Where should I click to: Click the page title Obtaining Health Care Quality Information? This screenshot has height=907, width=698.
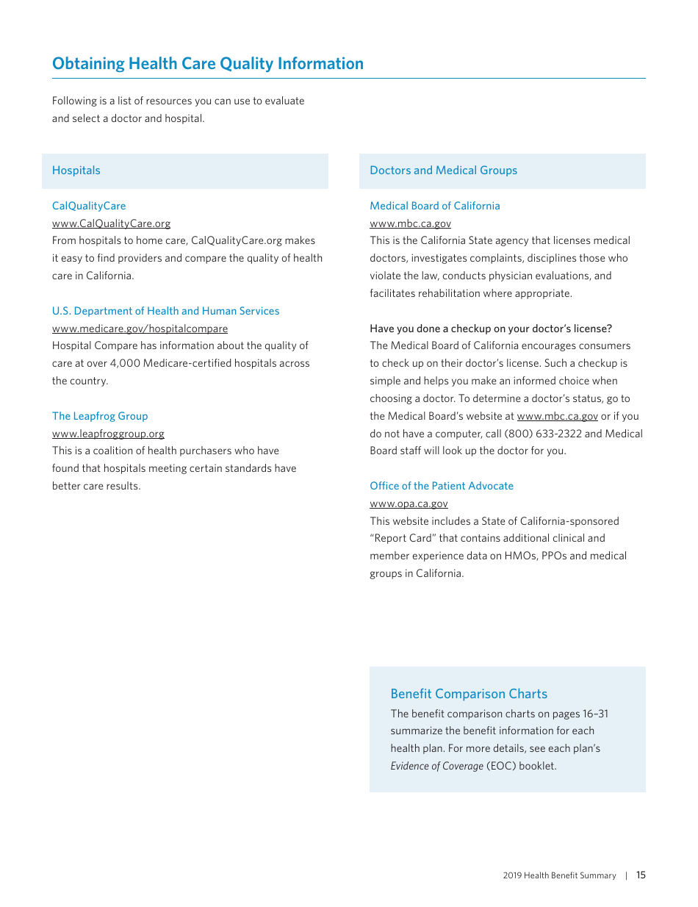point(207,64)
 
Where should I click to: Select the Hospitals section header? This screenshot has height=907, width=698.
point(76,171)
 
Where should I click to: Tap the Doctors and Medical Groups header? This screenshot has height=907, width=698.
point(443,171)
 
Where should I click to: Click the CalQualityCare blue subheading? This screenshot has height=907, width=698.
point(88,206)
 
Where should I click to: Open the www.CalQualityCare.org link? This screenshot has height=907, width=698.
point(111,223)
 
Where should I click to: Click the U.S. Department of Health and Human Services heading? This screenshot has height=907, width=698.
point(165,311)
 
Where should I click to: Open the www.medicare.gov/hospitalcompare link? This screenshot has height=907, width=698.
point(140,329)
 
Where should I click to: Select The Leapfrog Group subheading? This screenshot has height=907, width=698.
point(99,416)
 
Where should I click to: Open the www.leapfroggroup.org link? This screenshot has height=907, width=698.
point(108,434)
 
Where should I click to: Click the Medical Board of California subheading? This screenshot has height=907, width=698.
point(434,206)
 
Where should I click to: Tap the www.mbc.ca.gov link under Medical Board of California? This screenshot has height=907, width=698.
point(410,223)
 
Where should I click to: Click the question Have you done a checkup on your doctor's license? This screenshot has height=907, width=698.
point(490,329)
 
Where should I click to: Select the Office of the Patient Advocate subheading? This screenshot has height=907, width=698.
point(441,486)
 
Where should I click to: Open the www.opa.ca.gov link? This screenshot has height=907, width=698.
point(409,503)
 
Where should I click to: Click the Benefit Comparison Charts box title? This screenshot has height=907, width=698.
point(469,694)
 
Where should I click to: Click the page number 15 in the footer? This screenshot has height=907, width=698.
point(641,875)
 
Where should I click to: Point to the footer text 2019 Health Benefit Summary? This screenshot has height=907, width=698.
point(559,875)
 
